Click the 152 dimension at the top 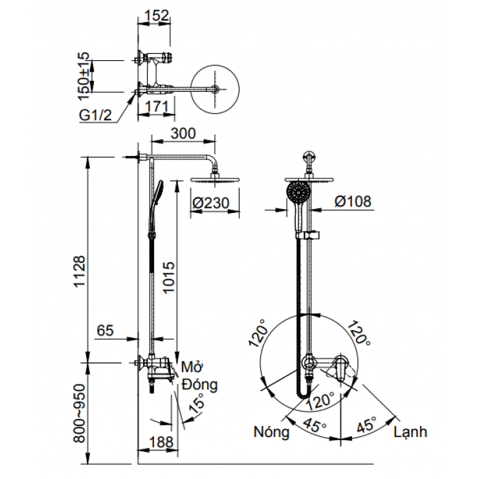(156, 15)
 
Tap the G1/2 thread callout (96, 115)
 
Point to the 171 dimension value (157, 105)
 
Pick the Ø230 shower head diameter (211, 202)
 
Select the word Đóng (199, 384)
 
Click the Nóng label (271, 432)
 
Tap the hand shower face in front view (298, 192)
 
